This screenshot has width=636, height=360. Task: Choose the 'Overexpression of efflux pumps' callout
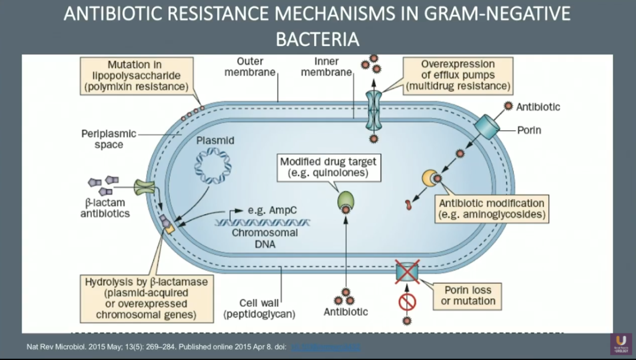coord(457,75)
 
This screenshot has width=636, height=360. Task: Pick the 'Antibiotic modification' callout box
coord(492,209)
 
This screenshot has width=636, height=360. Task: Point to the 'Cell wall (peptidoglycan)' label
coord(259,309)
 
